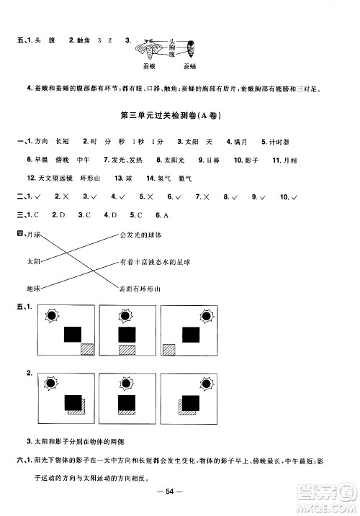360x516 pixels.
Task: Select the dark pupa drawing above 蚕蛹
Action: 191,47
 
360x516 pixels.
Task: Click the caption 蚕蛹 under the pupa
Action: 190,66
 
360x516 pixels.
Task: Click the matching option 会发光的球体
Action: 142,235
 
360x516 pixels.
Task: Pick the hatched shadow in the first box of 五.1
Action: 87,348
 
